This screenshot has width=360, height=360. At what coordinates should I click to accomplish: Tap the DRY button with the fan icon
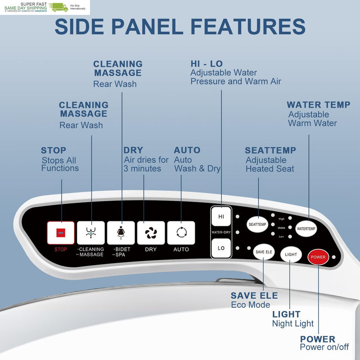pyautogui.click(x=151, y=233)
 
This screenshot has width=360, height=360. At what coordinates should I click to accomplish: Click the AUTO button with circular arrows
pyautogui.click(x=181, y=233)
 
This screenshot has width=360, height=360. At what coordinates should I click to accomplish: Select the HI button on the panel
pyautogui.click(x=221, y=216)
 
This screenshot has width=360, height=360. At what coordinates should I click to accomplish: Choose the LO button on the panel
pyautogui.click(x=221, y=248)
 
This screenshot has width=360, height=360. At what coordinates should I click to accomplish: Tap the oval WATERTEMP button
pyautogui.click(x=306, y=229)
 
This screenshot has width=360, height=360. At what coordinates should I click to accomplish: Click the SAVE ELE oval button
pyautogui.click(x=264, y=252)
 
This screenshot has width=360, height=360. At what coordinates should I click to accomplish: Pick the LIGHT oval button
pyautogui.click(x=291, y=254)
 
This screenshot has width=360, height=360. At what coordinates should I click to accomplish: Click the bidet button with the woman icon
pyautogui.click(x=121, y=233)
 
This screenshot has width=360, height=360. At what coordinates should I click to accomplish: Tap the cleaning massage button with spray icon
pyautogui.click(x=91, y=233)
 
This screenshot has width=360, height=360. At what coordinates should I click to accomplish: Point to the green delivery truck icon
pyautogui.click(x=58, y=7)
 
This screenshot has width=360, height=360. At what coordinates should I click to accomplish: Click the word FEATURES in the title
pyautogui.click(x=248, y=27)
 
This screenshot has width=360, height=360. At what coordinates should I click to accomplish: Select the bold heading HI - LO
pyautogui.click(x=207, y=64)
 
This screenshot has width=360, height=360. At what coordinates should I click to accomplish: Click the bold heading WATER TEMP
pyautogui.click(x=319, y=105)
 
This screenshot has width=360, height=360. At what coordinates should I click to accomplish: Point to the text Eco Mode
pyautogui.click(x=251, y=305)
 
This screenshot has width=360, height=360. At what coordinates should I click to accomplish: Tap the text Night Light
pyautogui.click(x=293, y=324)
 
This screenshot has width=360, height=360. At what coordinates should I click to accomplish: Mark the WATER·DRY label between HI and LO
pyautogui.click(x=221, y=232)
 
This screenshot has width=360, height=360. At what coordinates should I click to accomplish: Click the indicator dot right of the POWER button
pyautogui.click(x=334, y=257)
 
